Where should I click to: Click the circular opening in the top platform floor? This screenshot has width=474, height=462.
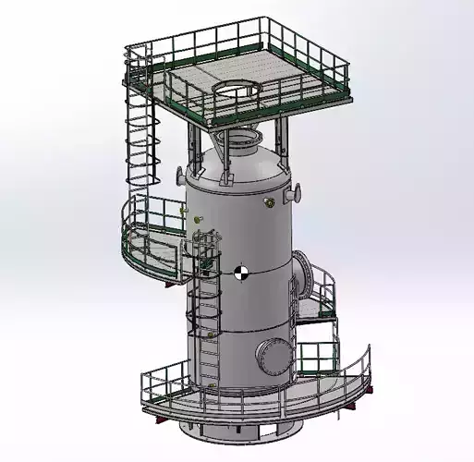[237, 90]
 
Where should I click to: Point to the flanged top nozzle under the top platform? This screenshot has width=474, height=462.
[242, 142]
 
